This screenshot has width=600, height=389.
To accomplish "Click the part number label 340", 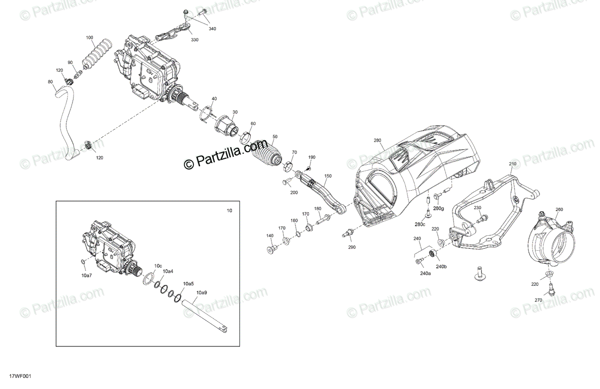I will pyautogui.click(x=212, y=29).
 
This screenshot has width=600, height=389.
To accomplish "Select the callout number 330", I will pyautogui.click(x=194, y=40).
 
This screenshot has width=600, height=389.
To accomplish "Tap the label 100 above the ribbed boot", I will pyautogui.click(x=89, y=38).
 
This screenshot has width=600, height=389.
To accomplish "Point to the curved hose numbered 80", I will pyautogui.click(x=65, y=125).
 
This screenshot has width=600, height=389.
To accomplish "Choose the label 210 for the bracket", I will pyautogui.click(x=512, y=164).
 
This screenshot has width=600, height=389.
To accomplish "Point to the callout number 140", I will pyautogui.click(x=270, y=235).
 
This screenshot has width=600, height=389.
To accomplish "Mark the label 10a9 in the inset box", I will pyautogui.click(x=202, y=292).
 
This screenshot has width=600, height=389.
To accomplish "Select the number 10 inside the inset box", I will pyautogui.click(x=229, y=211).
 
